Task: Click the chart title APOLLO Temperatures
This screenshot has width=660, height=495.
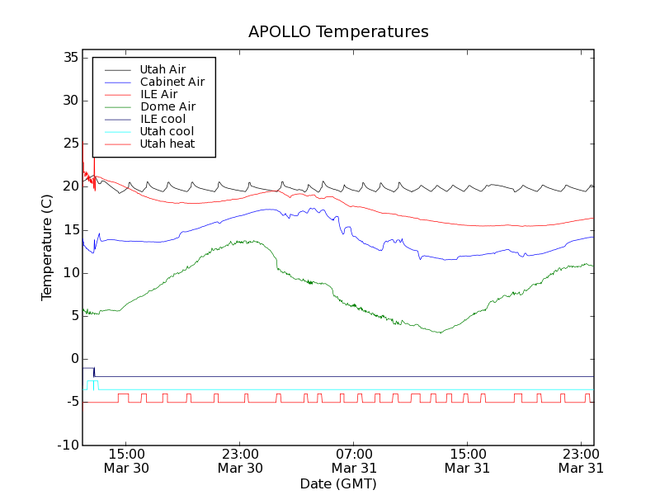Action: point(338,32)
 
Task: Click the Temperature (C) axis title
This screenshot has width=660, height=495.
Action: point(47,247)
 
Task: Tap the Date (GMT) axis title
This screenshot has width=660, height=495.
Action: point(338,483)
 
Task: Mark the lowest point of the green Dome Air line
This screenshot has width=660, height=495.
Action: point(441,332)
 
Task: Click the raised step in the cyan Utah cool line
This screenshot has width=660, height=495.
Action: point(92,381)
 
